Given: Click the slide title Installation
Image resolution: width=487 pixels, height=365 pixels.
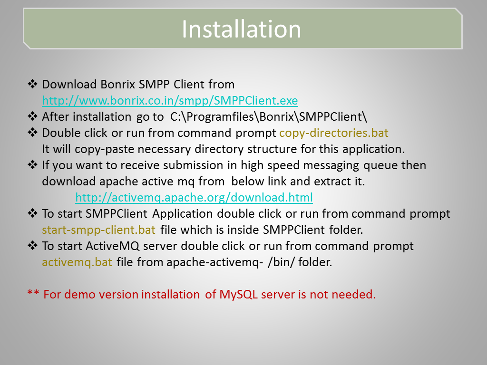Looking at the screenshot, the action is pos(241,29).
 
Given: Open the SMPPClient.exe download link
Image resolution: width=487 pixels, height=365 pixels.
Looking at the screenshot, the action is pos(170,101).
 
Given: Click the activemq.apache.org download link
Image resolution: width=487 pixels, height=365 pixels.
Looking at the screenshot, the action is pos(194,197).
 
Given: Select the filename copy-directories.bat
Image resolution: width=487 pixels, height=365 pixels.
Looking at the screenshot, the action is pos(334,133).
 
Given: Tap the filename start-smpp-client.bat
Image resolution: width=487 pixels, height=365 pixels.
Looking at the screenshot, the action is pos(98,230).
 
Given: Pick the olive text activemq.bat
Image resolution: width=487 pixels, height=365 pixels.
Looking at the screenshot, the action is pos(77,262).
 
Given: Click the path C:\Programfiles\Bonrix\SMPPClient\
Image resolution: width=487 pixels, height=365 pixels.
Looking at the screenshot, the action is pos(269,117).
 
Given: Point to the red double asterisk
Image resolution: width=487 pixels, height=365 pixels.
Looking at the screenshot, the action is pos(33,293).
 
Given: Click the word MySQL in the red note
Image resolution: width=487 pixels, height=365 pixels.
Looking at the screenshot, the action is pos(239,295).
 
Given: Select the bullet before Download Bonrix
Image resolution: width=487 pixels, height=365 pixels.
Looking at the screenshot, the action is pos(32,84).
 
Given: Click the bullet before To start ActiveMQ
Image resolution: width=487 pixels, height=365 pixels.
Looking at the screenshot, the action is pos(32,245).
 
